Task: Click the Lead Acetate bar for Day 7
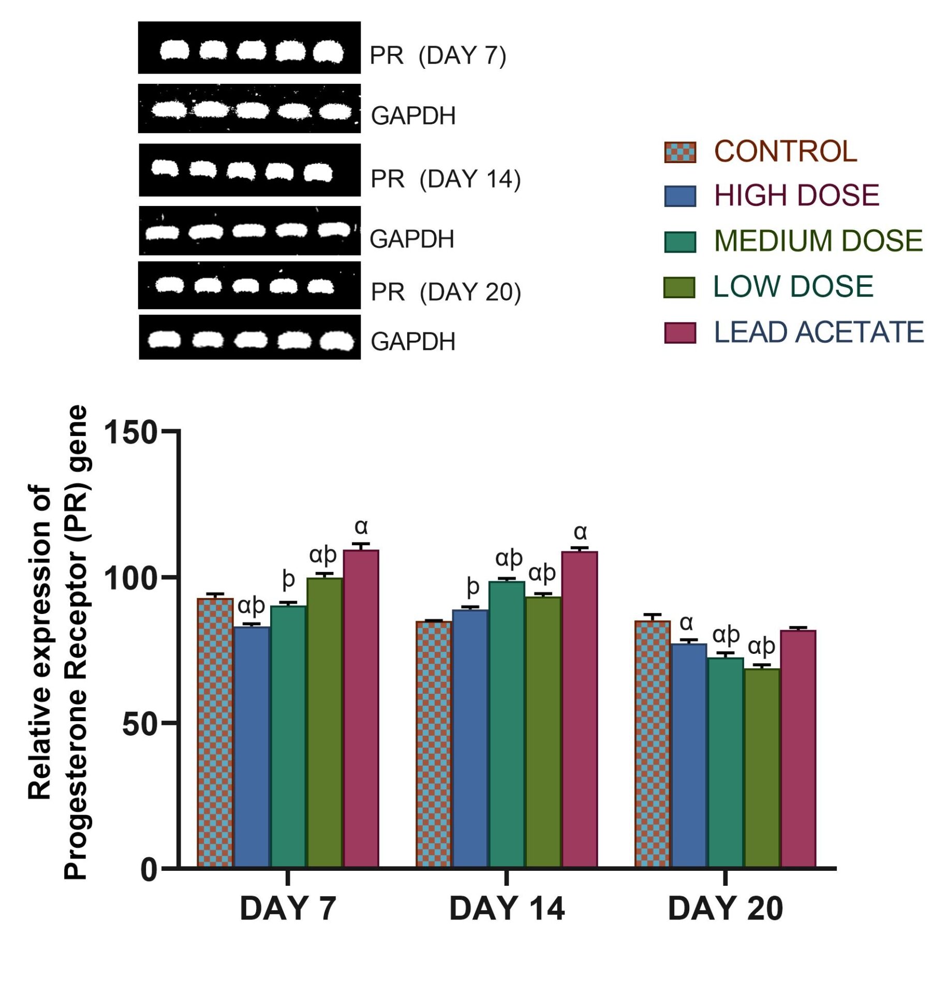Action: click(x=361, y=709)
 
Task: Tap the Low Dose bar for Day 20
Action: click(x=762, y=768)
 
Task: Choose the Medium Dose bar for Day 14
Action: click(x=507, y=725)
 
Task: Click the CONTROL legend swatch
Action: click(x=679, y=152)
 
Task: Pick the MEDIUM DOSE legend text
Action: click(x=818, y=241)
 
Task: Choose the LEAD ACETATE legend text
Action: click(x=818, y=332)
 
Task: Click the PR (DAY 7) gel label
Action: click(x=438, y=55)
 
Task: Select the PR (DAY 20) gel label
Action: click(x=446, y=292)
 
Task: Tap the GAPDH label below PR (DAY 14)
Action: click(x=412, y=239)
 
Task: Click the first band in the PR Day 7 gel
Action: click(x=174, y=50)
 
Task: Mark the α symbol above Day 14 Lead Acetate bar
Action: click(x=580, y=532)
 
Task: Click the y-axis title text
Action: click(x=57, y=642)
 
